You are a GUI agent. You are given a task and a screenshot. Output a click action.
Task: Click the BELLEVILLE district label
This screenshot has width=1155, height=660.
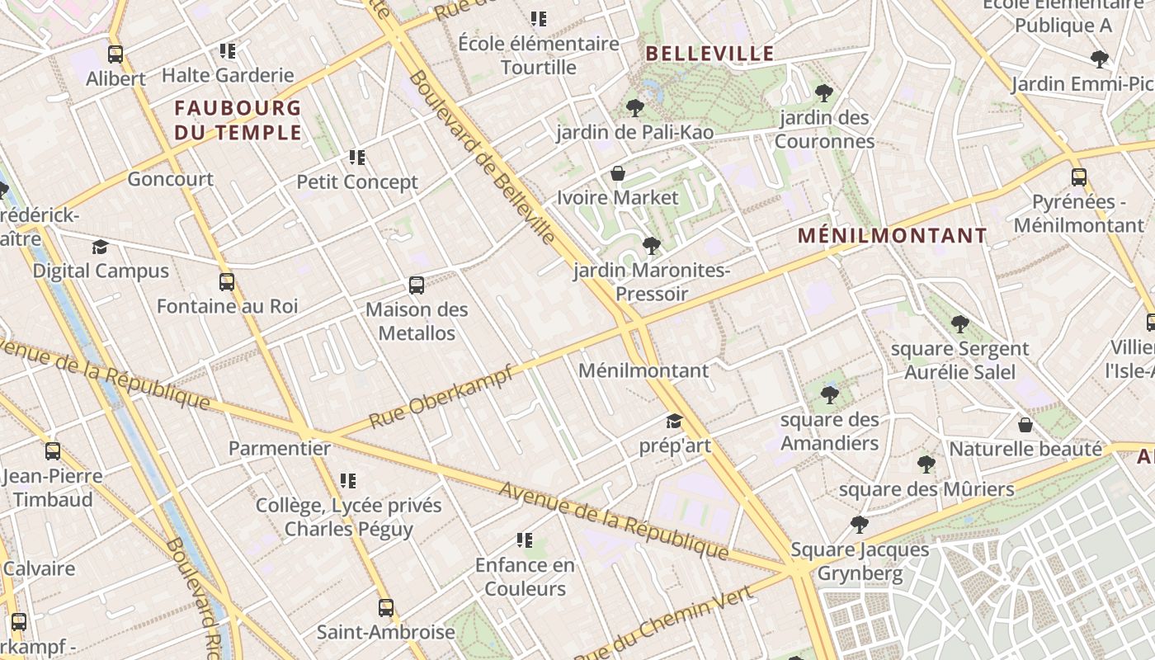pyautogui.click(x=709, y=54)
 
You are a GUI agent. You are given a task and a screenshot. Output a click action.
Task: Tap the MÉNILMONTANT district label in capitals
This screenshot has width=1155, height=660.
pyautogui.click(x=892, y=236)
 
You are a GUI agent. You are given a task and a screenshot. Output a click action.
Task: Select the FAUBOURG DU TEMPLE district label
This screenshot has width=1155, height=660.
pyautogui.click(x=238, y=120)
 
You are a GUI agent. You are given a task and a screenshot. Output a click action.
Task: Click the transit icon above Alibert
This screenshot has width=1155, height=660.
pyautogui.click(x=115, y=54)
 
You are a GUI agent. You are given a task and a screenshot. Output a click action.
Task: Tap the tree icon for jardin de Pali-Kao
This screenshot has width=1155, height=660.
pyautogui.click(x=634, y=107)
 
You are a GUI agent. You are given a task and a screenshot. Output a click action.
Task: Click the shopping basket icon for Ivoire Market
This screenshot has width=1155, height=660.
pyautogui.click(x=617, y=173)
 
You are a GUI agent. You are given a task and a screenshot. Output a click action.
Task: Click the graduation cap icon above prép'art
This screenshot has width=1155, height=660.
pyautogui.click(x=674, y=422)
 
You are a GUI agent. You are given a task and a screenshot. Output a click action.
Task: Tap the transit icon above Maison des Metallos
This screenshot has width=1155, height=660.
pyautogui.click(x=417, y=285)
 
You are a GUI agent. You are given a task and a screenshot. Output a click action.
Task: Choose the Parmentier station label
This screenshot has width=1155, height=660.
pyautogui.click(x=280, y=449)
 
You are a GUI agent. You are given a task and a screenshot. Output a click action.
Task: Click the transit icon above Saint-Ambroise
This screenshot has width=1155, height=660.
pyautogui.click(x=385, y=608)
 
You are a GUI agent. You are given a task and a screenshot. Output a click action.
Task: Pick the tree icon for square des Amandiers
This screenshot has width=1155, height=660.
pyautogui.click(x=830, y=395)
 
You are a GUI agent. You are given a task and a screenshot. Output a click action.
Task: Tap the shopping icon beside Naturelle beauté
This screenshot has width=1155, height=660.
pyautogui.click(x=1025, y=425)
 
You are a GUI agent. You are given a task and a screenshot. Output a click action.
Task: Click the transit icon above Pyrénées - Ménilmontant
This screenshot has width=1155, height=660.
pyautogui.click(x=1078, y=177)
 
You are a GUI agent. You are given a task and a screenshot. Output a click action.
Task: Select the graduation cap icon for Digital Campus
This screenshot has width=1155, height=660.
pyautogui.click(x=100, y=247)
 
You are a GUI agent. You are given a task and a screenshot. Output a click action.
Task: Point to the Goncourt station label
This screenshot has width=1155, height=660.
pyautogui.click(x=170, y=179)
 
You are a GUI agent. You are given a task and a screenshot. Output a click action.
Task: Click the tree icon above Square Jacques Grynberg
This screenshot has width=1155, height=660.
pyautogui.click(x=859, y=525)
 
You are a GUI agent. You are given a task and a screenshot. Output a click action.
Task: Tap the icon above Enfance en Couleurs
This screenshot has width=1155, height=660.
pyautogui.click(x=524, y=540)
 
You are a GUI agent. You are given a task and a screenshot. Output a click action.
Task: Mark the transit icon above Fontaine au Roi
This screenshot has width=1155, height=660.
pyautogui.click(x=227, y=282)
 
